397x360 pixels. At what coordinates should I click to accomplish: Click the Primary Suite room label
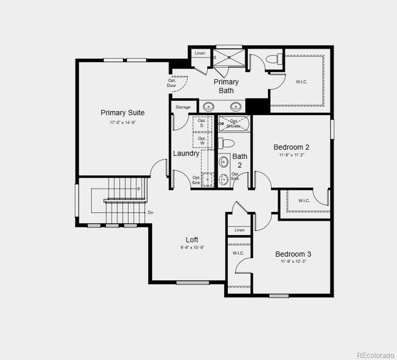(x=122, y=113)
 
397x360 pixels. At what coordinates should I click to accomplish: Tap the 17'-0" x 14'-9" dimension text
(x=122, y=122)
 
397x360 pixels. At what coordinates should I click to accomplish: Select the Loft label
(x=192, y=239)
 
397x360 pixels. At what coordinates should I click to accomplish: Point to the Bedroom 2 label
(x=291, y=147)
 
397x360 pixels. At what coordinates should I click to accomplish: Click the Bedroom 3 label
(x=293, y=254)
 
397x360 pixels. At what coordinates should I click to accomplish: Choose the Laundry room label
(x=186, y=153)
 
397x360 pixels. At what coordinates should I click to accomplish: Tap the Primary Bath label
(x=226, y=86)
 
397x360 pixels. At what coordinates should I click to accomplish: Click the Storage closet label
(x=183, y=107)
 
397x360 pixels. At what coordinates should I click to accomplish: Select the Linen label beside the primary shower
(x=200, y=54)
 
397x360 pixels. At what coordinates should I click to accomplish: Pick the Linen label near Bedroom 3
(x=239, y=230)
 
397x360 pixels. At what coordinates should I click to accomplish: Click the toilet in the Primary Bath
(x=273, y=59)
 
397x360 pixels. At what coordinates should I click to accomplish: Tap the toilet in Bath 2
(x=225, y=143)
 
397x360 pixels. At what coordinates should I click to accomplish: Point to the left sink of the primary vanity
(x=209, y=107)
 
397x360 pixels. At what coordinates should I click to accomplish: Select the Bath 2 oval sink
(x=224, y=162)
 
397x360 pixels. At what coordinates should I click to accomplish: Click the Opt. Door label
(x=172, y=83)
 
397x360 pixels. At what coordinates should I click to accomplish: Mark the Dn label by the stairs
(x=151, y=212)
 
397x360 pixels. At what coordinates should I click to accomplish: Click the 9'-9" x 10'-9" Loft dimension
(x=192, y=248)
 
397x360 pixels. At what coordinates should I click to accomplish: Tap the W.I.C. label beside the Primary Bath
(x=301, y=82)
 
